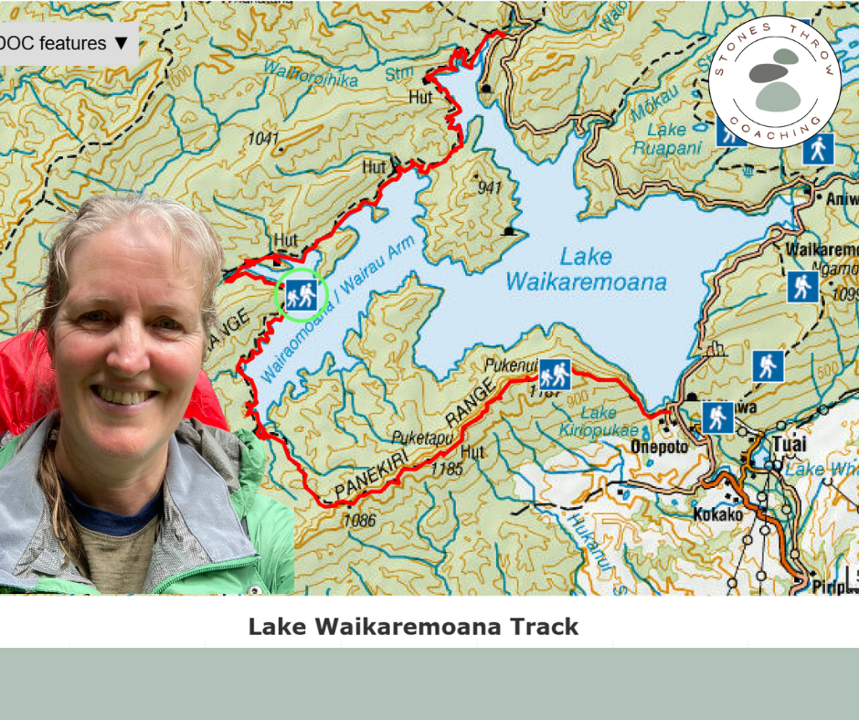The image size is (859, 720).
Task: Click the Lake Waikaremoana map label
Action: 586,270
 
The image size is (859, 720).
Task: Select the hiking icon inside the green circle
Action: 301,294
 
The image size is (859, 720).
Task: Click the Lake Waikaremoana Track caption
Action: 413,627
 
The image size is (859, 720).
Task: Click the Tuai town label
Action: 790,444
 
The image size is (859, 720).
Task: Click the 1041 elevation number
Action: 262,138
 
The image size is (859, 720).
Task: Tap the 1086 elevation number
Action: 359,521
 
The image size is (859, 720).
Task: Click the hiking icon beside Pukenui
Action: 555,375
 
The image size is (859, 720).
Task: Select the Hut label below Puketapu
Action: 472,452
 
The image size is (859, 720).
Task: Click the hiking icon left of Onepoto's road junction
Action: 718,418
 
